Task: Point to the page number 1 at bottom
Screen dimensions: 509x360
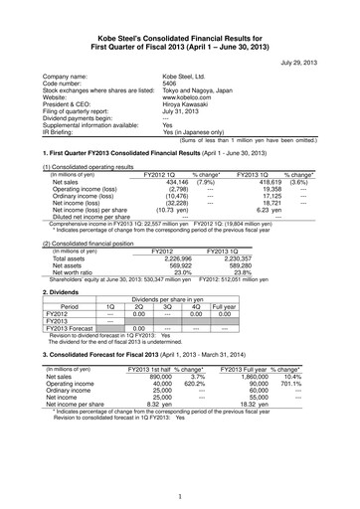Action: coord(180,497)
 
